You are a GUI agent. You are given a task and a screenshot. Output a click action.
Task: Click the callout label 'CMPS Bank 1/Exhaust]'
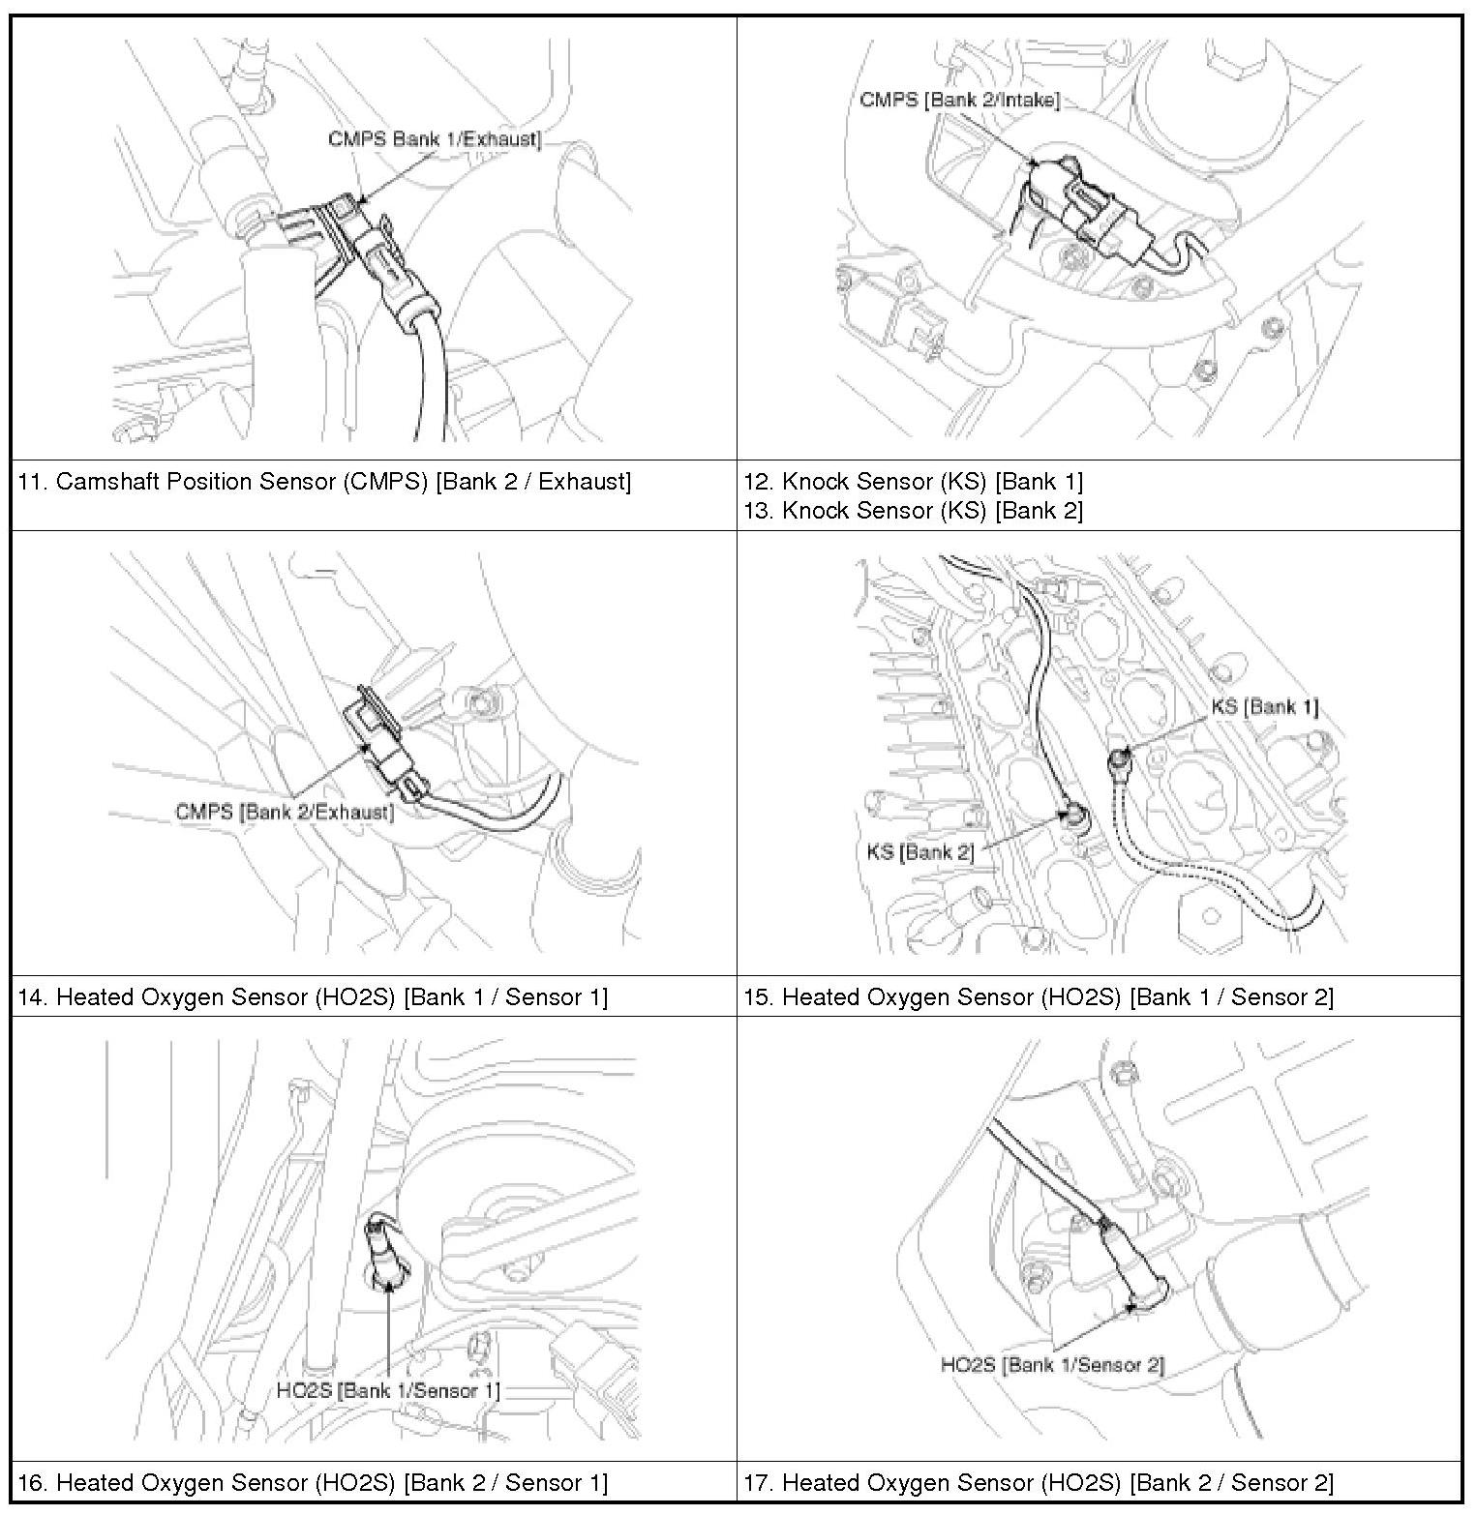coord(434,139)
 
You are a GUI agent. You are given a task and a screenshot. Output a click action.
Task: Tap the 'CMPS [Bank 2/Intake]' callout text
coord(959,100)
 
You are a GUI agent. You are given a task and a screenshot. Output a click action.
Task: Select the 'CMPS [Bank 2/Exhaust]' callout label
coord(285,812)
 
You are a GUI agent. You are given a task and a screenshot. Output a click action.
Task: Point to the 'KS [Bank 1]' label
coord(1264,706)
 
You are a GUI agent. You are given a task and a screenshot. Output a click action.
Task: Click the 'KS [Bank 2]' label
coord(920,852)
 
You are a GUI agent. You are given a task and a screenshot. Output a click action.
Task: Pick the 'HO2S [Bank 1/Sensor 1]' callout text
coord(388,1391)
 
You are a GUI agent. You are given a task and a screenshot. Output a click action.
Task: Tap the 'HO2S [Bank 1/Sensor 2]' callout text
coord(1052,1365)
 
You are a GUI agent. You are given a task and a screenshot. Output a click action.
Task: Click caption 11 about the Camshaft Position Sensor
coord(324,482)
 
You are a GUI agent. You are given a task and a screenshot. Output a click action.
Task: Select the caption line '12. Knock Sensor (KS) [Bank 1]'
coord(913,481)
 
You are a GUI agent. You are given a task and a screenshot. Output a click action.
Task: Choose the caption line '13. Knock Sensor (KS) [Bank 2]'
coord(913,510)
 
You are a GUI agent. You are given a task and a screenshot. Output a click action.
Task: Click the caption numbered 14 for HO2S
coord(313,997)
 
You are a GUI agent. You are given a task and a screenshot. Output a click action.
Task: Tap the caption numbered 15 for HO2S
coord(1038,997)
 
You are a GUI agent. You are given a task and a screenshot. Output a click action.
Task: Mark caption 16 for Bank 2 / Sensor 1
coord(313,1482)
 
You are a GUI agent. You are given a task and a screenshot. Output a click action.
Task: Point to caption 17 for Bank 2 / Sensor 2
coord(1038,1482)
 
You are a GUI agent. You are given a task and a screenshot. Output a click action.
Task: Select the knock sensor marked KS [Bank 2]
coord(1074,818)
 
